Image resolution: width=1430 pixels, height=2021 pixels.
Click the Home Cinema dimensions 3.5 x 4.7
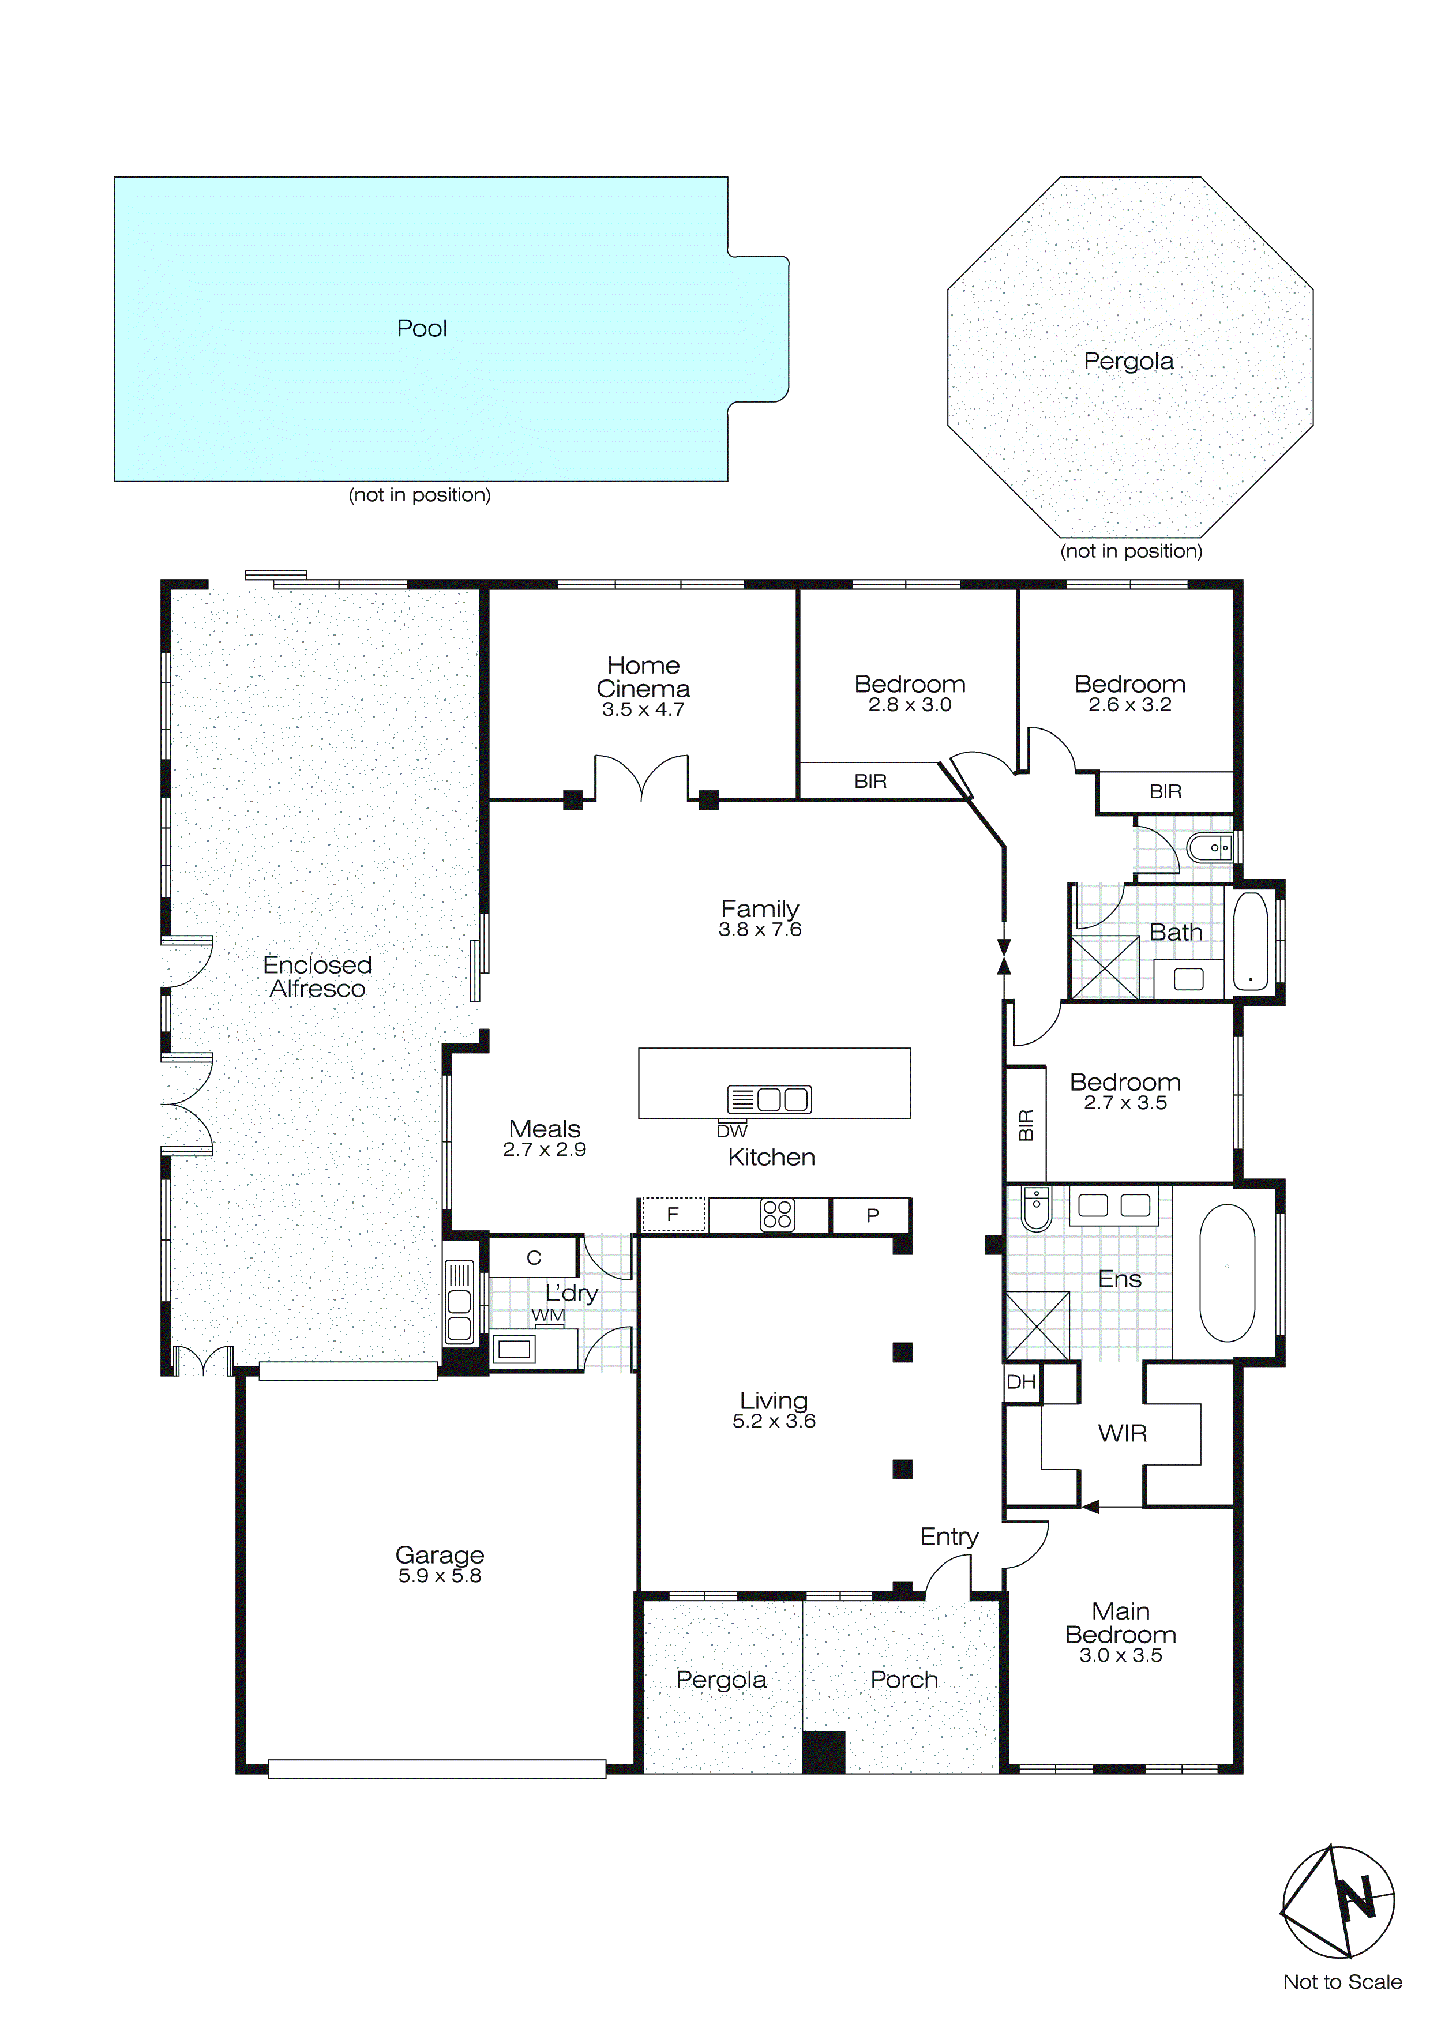[643, 709]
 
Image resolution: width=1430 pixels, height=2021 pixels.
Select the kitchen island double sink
[769, 1099]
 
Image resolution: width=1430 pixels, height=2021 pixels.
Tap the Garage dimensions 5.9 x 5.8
[440, 1576]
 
